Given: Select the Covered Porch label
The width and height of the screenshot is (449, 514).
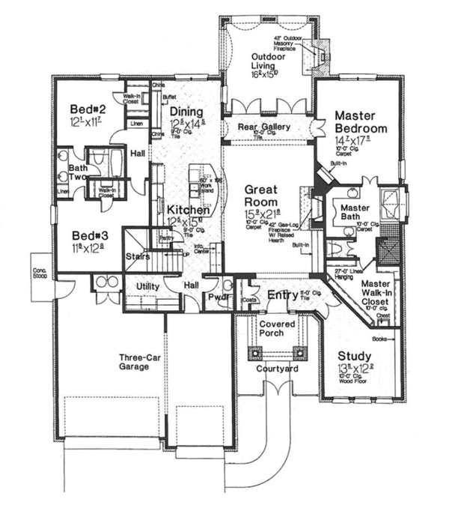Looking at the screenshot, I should [275, 327].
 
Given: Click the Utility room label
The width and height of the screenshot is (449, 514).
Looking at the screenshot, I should [150, 287].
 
